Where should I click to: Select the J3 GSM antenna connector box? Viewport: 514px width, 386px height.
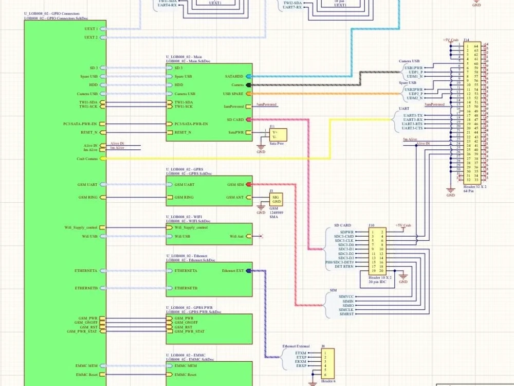[x=277, y=200]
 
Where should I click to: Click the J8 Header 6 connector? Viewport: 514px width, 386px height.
[x=327, y=364]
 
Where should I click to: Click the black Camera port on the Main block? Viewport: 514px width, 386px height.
[x=249, y=84]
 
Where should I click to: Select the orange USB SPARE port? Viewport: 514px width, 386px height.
[x=249, y=94]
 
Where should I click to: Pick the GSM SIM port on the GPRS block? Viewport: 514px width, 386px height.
[x=249, y=184]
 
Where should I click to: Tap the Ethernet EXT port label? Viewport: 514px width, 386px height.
[x=233, y=270]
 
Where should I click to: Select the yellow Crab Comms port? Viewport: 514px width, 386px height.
[x=102, y=159]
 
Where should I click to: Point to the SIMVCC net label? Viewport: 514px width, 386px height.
[x=346, y=296]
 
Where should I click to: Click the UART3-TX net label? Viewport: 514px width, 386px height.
[x=413, y=115]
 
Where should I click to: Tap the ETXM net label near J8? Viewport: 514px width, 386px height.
[x=301, y=353]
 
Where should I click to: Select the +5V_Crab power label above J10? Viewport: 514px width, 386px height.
[x=403, y=225]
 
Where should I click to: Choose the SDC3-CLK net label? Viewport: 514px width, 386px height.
[x=344, y=240]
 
